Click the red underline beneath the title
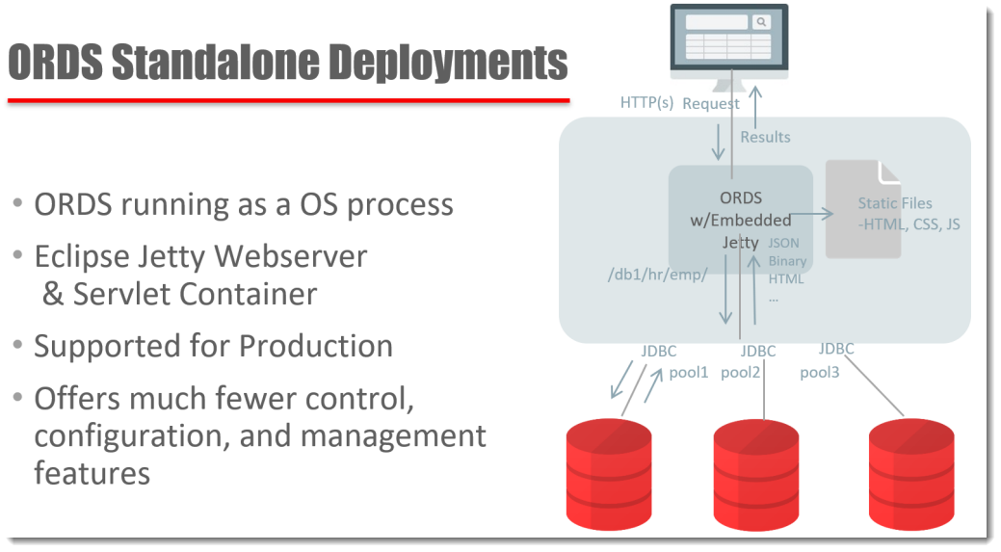tap(289, 100)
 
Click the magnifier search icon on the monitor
tap(761, 22)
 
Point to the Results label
tap(765, 137)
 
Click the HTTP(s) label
tap(646, 103)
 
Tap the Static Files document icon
tap(863, 209)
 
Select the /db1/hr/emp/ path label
tap(658, 276)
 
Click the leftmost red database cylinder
tap(609, 474)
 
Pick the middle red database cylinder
tap(756, 475)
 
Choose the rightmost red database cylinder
tap(911, 474)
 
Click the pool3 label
tap(820, 373)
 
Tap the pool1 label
tap(689, 373)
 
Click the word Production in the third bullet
tap(316, 347)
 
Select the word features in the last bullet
tap(92, 474)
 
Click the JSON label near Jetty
tap(783, 243)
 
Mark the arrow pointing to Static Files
tap(811, 215)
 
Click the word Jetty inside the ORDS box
tap(741, 243)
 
